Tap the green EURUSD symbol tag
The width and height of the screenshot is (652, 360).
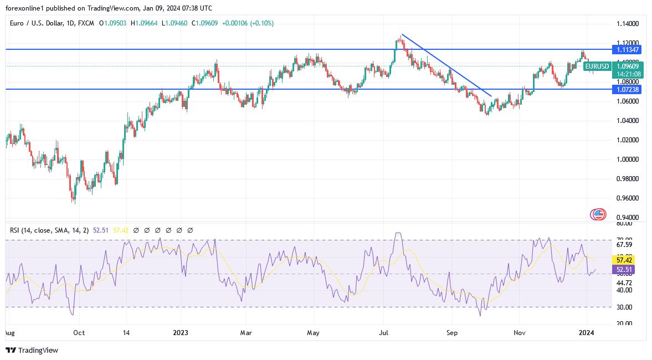point(597,66)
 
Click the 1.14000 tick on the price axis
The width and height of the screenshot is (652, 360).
point(628,24)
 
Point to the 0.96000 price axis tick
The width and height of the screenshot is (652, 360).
point(628,198)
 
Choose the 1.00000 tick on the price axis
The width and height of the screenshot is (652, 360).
point(628,160)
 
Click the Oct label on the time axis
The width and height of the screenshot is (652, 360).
point(79,333)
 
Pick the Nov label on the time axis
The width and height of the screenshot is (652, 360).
point(519,333)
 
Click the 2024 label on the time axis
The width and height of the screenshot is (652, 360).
point(586,333)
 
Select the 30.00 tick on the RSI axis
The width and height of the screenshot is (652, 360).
point(624,307)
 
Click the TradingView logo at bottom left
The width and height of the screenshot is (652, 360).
point(32,350)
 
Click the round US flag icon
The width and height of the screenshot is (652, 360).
point(598,214)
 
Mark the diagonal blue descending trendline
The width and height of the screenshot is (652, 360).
point(446,65)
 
